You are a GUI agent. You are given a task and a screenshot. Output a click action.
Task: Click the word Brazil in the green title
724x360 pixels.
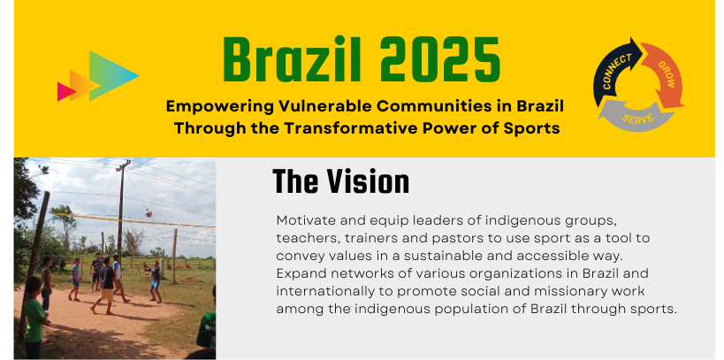[x=292, y=60]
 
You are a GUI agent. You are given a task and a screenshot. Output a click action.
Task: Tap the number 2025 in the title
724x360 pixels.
[x=440, y=60]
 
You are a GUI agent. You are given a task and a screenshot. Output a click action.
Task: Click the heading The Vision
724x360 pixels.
[x=340, y=181]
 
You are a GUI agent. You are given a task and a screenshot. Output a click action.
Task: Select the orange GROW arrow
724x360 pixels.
[x=664, y=74]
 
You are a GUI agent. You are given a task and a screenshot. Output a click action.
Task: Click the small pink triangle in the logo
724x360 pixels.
[x=65, y=91]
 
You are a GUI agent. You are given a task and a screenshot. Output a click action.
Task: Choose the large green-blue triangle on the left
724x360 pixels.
[x=111, y=75]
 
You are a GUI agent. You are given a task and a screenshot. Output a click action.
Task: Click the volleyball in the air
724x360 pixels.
[x=149, y=213]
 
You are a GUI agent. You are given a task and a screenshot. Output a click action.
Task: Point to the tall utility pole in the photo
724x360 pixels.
[x=121, y=207]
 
